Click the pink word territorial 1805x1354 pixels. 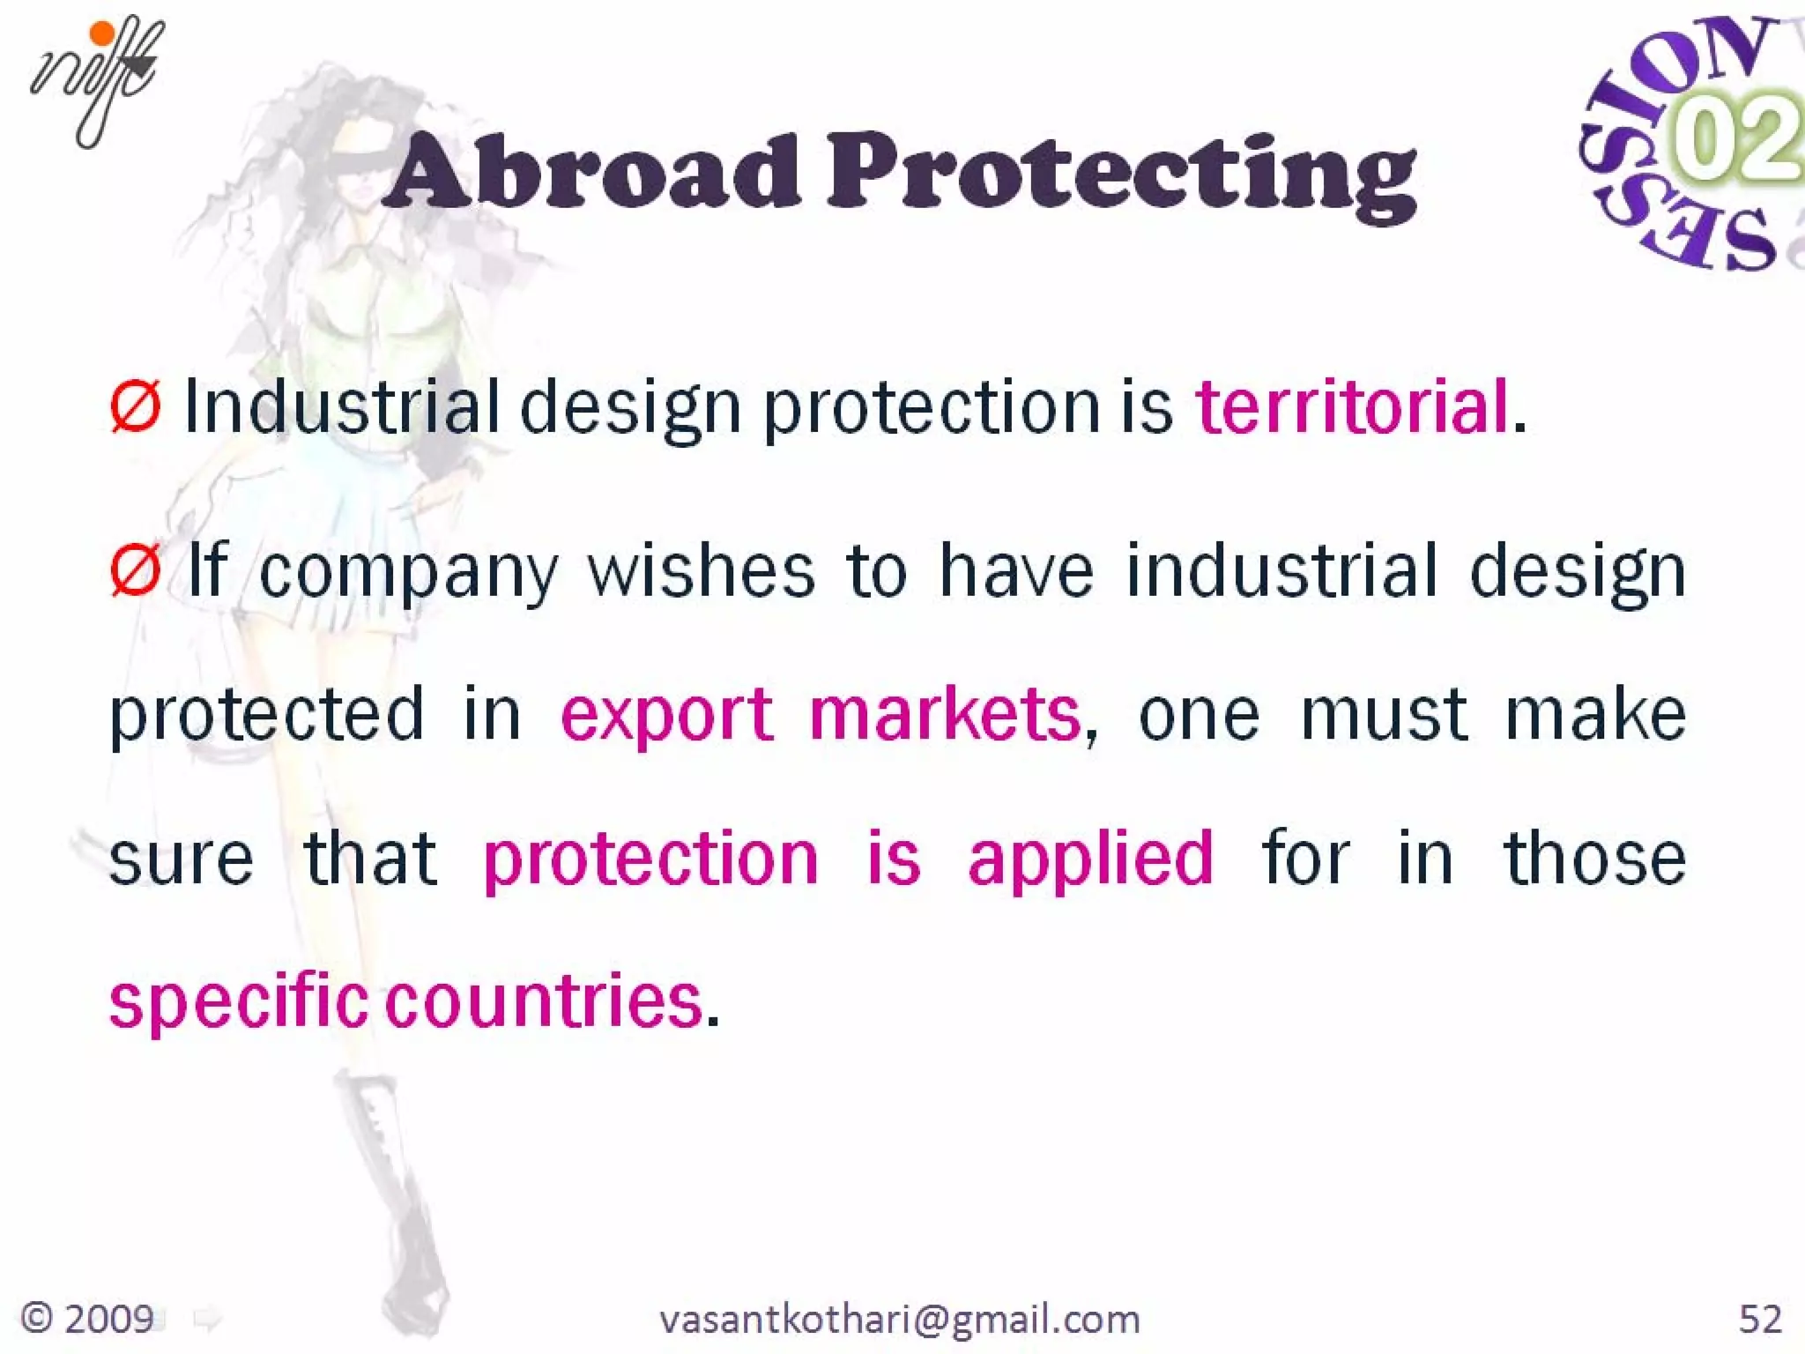coord(1352,407)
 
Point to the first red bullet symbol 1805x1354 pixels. coord(135,407)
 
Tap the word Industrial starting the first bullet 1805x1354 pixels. coord(342,407)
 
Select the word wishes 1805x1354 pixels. coord(701,570)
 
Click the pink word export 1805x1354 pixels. coord(666,714)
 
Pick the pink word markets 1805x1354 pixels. coord(945,714)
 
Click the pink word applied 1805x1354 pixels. coord(1090,859)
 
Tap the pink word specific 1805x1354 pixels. coord(238,1002)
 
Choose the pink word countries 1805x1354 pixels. coord(544,1002)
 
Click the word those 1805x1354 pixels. coord(1594,859)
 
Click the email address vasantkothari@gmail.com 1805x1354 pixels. coord(899,1320)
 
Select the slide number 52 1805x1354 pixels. coord(1760,1319)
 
